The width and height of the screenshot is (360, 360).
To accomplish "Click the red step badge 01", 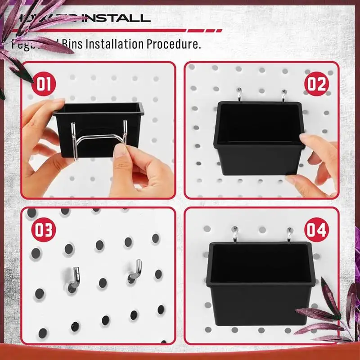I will click(x=44, y=84).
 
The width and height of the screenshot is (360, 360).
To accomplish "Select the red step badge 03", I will click(x=44, y=230).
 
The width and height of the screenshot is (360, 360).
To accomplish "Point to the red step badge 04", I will click(x=316, y=230).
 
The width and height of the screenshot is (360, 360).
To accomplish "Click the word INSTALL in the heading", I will click(x=114, y=18).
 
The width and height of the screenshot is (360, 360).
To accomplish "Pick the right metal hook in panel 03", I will click(x=135, y=271).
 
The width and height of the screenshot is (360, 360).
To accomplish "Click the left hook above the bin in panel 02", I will click(x=239, y=95).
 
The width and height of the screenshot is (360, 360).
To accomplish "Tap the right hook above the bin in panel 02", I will click(x=284, y=95).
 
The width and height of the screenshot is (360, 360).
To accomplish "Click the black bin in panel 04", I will click(x=261, y=283).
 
